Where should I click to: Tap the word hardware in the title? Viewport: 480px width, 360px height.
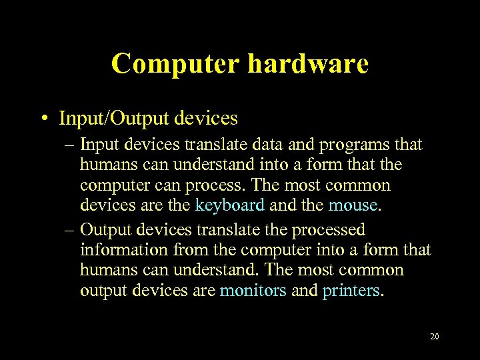(308, 64)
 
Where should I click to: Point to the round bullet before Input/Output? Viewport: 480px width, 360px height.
(43, 119)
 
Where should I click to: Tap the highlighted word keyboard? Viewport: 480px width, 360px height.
(230, 205)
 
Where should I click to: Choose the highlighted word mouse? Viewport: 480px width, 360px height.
(353, 205)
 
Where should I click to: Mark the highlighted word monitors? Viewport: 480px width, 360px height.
(253, 291)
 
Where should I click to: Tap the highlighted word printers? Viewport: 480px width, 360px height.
(351, 291)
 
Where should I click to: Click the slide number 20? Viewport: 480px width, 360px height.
(434, 337)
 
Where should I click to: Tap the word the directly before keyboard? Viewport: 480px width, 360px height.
(180, 205)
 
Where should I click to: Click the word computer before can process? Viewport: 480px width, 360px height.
(111, 185)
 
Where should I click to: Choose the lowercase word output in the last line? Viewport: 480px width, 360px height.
(100, 291)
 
